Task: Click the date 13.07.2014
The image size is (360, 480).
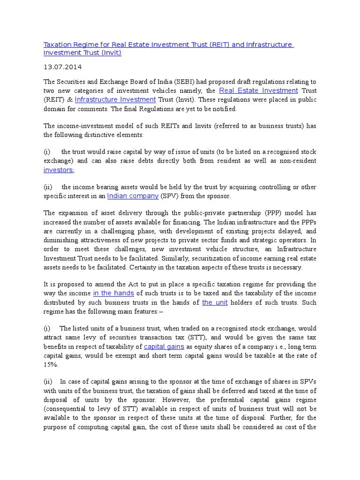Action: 60,67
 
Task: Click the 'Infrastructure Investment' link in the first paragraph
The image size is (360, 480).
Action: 115,99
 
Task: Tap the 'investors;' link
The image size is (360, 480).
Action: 59,170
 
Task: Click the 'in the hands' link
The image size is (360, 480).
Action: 113,293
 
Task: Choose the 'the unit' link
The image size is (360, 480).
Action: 215,302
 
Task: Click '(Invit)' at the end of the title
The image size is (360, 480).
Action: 111,52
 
